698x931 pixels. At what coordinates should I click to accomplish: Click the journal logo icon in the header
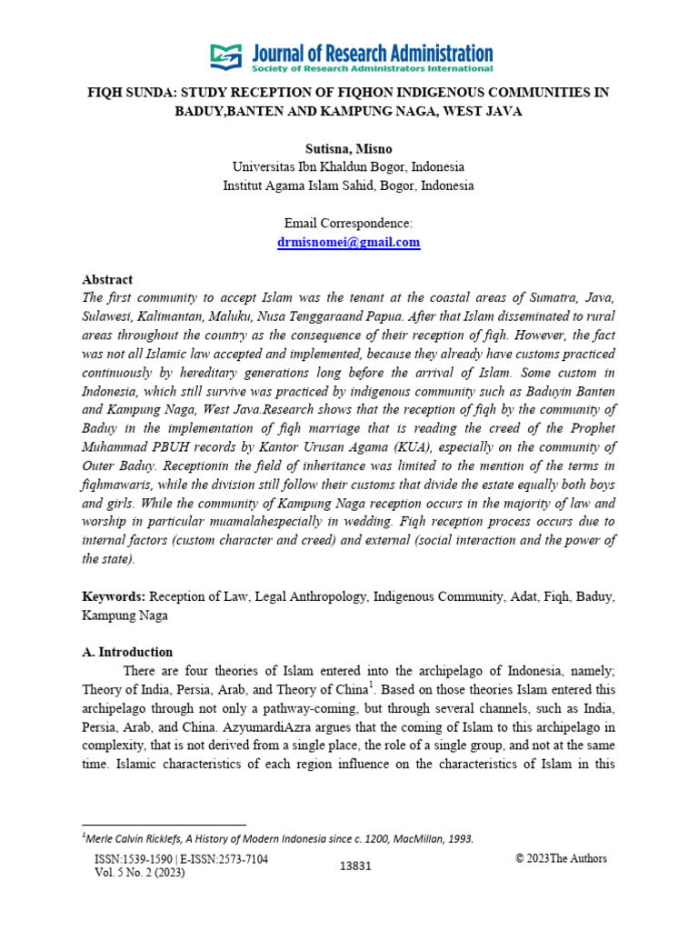(x=227, y=56)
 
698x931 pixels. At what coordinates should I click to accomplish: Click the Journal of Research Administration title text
(x=373, y=52)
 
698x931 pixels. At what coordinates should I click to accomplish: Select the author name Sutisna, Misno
(x=348, y=149)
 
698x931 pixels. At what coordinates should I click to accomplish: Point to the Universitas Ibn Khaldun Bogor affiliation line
(x=348, y=167)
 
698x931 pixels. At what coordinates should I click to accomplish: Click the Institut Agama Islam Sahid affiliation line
(x=348, y=185)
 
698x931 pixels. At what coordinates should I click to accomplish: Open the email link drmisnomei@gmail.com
(x=348, y=242)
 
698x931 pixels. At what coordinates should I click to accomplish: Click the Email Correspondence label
(x=348, y=224)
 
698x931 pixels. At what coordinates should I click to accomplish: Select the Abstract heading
(x=107, y=280)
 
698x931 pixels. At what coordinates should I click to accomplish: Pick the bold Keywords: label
(x=114, y=596)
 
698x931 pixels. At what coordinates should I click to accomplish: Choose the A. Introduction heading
(x=127, y=652)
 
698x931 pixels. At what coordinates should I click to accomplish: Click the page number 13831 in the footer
(x=355, y=866)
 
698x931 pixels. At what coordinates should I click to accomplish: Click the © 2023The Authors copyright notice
(x=561, y=858)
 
